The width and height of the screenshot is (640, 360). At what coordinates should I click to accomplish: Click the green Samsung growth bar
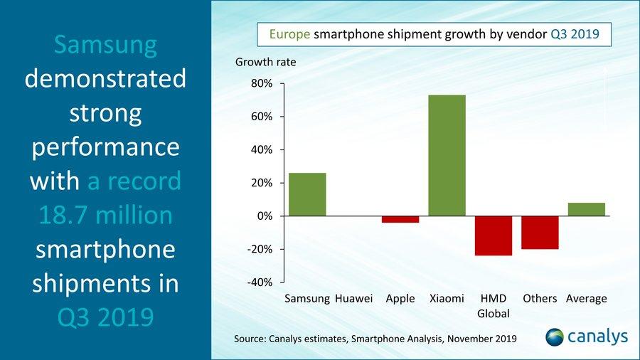(307, 194)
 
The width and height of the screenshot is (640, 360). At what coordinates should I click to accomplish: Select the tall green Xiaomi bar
(447, 155)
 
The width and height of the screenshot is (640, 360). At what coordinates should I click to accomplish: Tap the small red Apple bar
(400, 219)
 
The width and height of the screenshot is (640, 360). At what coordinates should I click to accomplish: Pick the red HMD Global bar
(494, 235)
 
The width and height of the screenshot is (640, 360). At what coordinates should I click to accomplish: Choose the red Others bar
(540, 233)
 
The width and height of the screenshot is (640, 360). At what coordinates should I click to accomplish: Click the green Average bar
(586, 209)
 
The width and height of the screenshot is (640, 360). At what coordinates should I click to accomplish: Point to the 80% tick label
(261, 84)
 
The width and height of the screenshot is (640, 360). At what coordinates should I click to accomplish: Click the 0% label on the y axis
(264, 216)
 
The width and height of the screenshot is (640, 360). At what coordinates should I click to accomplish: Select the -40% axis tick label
(259, 282)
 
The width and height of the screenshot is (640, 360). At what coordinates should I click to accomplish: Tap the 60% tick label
(261, 117)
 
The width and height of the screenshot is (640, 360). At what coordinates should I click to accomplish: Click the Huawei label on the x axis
(353, 299)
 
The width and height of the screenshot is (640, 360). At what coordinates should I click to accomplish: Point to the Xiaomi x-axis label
(447, 299)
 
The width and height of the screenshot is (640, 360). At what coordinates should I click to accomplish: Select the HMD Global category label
(494, 306)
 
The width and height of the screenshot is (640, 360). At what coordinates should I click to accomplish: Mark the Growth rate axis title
(265, 62)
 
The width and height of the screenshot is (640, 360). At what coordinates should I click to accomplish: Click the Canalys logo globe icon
(557, 337)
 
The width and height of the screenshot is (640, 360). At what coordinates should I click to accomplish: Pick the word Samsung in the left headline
(105, 45)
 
